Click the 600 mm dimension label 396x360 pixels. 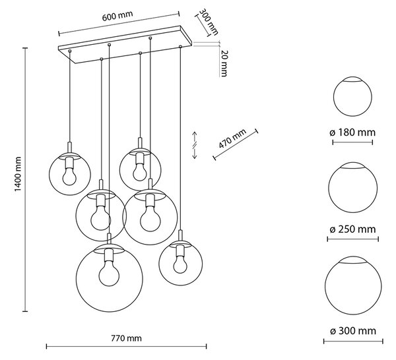117,16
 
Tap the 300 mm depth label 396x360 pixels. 209,22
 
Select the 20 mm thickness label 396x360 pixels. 224,63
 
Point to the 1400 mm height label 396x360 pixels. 18,174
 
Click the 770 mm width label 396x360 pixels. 126,338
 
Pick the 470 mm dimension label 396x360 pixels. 232,138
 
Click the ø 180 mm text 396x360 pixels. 352,133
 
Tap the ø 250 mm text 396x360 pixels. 352,229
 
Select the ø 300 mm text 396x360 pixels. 353,331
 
